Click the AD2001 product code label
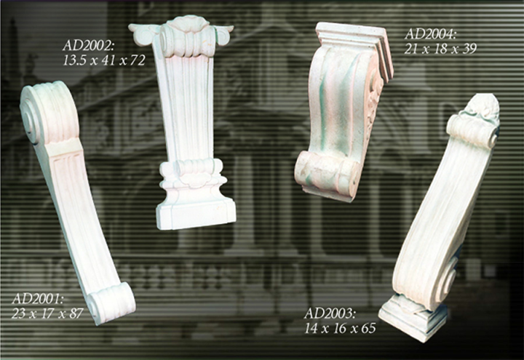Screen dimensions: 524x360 (38, 299)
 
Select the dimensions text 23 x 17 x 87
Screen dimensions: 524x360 (47, 313)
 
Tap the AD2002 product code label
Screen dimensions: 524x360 (89, 45)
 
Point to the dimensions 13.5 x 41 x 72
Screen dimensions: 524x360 (104, 60)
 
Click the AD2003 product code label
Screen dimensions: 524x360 (330, 313)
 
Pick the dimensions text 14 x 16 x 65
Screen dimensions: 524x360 (340, 329)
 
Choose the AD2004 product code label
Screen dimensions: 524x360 (430, 34)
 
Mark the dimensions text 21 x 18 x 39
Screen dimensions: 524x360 (440, 49)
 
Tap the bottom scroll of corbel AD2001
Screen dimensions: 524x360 (112, 303)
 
